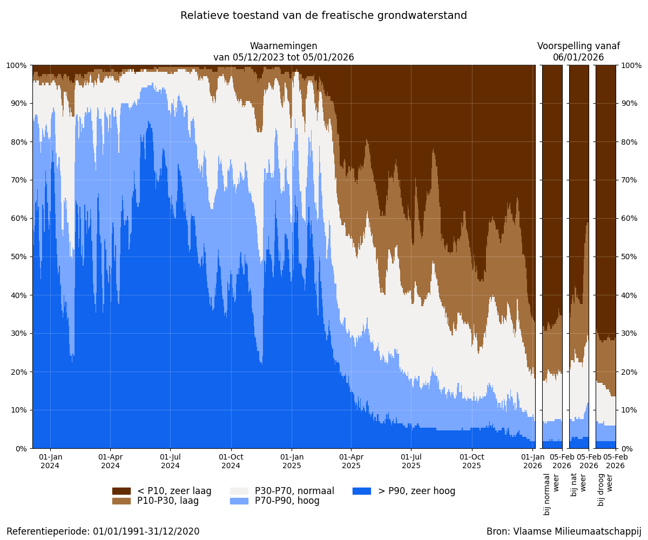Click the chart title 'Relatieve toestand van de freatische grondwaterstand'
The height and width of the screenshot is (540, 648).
323,16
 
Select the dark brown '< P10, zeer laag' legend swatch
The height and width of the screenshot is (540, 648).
122,491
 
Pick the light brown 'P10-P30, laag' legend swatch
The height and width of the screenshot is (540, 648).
122,501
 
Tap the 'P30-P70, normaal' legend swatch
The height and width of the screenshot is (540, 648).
239,491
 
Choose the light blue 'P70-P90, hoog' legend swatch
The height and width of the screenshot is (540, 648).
239,501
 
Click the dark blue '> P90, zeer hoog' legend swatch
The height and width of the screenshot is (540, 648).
362,491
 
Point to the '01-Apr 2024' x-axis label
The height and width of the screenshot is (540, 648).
110,461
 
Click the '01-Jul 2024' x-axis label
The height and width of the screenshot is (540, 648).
171,461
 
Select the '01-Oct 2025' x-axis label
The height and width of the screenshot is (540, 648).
472,461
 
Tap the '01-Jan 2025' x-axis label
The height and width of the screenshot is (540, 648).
292,461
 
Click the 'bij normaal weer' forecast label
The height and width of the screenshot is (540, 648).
552,494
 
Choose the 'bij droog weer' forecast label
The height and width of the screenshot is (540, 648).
605,489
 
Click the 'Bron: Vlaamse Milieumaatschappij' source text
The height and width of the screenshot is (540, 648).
564,531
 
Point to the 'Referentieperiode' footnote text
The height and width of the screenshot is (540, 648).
103,531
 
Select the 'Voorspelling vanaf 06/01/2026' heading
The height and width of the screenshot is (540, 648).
578,52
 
